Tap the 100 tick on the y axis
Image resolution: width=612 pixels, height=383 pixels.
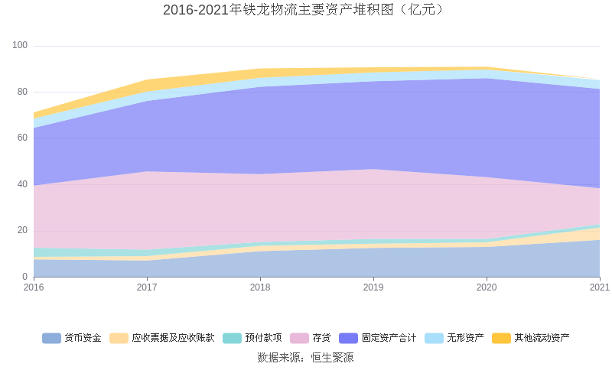pyautogui.click(x=20, y=46)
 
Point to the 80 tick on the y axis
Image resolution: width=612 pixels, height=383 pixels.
pyautogui.click(x=22, y=92)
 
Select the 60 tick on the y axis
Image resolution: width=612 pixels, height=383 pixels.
pyautogui.click(x=22, y=138)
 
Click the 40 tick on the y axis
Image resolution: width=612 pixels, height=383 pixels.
pyautogui.click(x=22, y=184)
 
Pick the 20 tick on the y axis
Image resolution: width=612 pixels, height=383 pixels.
pyautogui.click(x=22, y=231)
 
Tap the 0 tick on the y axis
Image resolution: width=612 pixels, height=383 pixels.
pyautogui.click(x=24, y=277)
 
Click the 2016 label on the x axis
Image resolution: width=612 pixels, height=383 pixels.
pyautogui.click(x=34, y=287)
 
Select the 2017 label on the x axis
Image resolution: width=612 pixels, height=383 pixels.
pyautogui.click(x=147, y=287)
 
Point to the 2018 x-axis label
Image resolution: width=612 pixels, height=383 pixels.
pyautogui.click(x=260, y=287)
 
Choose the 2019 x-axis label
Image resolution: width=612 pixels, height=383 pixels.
pyautogui.click(x=373, y=287)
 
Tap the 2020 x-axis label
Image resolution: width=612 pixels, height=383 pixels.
pyautogui.click(x=487, y=287)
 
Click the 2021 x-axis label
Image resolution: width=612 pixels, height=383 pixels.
pyautogui.click(x=600, y=287)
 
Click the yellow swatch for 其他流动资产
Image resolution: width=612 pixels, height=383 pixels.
pyautogui.click(x=501, y=338)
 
